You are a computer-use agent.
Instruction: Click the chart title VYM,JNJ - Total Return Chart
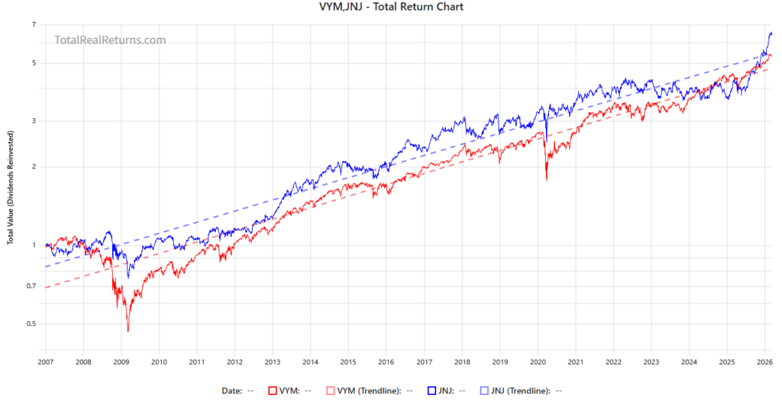click(x=390, y=7)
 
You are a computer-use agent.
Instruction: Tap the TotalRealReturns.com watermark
click(x=110, y=40)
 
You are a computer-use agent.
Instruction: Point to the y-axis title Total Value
click(x=10, y=197)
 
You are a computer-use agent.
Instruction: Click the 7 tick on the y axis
click(x=34, y=25)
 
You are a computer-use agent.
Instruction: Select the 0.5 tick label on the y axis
click(x=31, y=324)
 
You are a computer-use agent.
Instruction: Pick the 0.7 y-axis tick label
click(x=31, y=286)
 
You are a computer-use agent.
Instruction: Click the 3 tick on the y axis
click(x=34, y=120)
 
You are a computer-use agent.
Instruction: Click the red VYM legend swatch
click(x=272, y=390)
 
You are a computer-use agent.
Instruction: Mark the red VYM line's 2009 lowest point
click(x=128, y=331)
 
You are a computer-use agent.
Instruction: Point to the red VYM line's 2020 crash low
click(x=546, y=180)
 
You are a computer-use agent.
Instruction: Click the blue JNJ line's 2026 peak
click(x=771, y=33)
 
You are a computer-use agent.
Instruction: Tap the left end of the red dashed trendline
click(x=46, y=287)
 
